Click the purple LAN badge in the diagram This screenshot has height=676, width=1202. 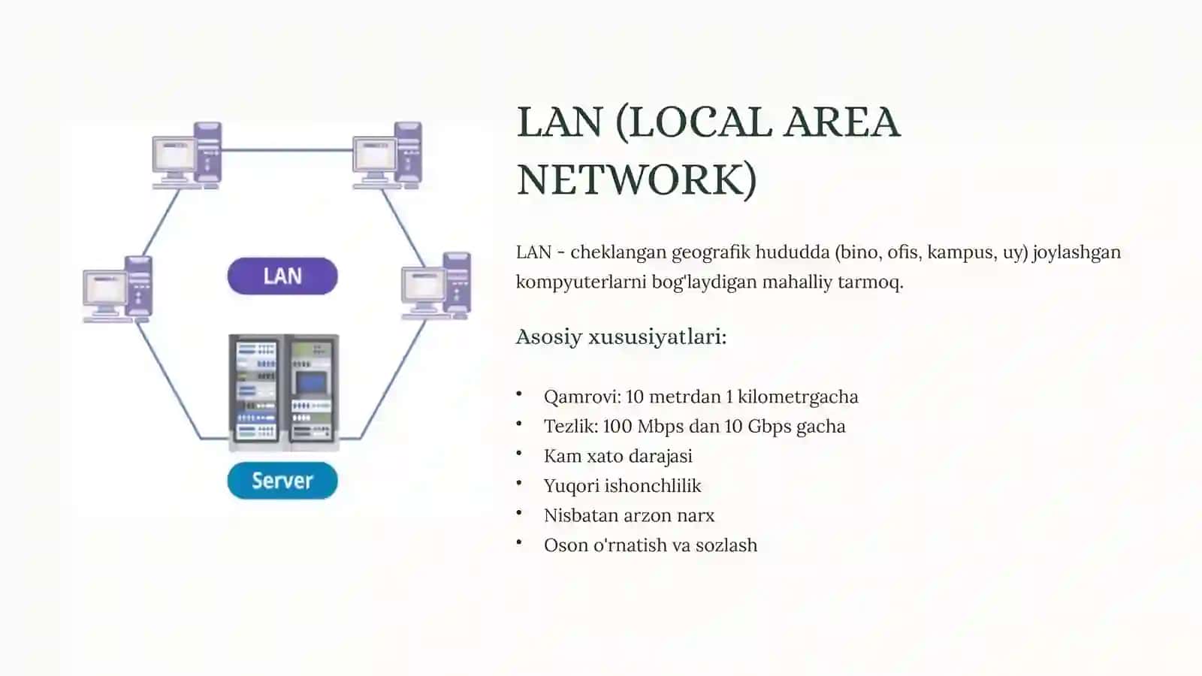click(282, 276)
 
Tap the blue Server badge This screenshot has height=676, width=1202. click(282, 481)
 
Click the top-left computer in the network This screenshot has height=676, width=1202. click(187, 155)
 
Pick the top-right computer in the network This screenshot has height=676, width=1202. click(388, 155)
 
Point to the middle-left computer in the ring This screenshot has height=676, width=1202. click(118, 290)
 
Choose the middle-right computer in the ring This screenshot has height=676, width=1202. click(436, 286)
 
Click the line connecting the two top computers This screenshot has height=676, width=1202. click(287, 150)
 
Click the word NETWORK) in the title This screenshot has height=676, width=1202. click(637, 180)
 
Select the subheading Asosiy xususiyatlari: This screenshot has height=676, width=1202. click(621, 337)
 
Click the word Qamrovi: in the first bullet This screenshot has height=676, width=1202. click(582, 397)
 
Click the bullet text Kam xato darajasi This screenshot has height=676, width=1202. click(618, 456)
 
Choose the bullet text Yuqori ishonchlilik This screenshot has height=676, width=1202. click(623, 486)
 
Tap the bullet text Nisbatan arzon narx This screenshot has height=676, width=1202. click(630, 515)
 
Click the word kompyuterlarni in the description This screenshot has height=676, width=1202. click(581, 282)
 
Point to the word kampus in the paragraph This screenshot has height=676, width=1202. click(962, 252)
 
